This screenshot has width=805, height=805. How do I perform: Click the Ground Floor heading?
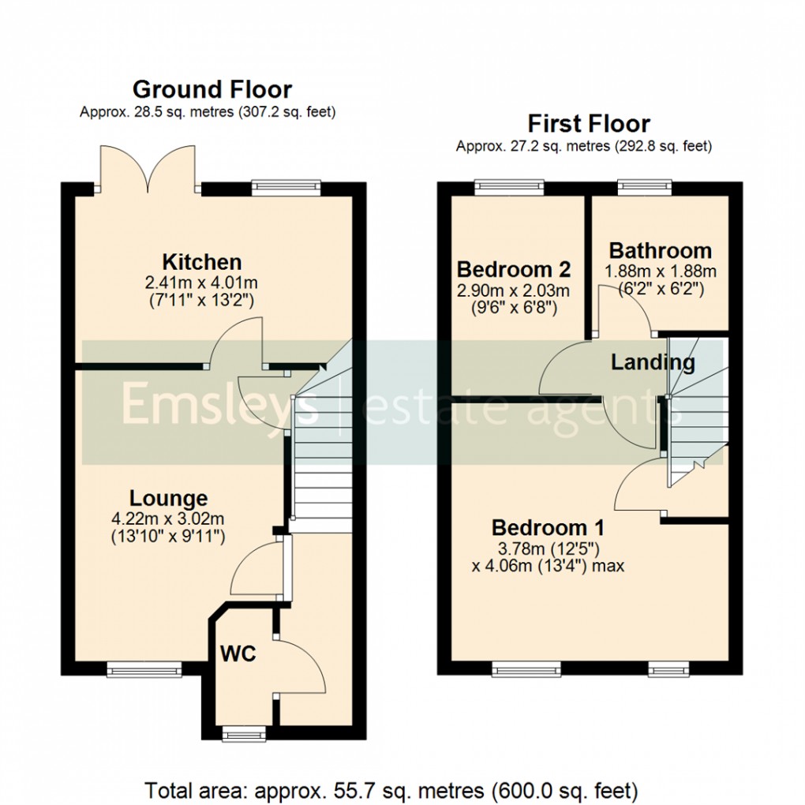212,89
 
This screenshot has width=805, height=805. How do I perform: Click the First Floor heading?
588,124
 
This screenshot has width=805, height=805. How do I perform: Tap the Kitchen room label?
201,262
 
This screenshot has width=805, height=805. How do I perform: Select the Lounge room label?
169,498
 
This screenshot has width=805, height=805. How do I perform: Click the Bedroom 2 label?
513,268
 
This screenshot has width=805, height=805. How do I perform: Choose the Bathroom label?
660,251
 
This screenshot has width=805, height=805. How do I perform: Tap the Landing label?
653,362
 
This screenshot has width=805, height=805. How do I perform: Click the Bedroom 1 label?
548,527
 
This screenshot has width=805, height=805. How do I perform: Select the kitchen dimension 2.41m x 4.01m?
201,283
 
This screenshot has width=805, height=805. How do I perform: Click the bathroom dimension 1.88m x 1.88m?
660,271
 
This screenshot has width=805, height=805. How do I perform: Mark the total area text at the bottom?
391,789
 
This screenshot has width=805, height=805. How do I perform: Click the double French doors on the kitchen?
145,170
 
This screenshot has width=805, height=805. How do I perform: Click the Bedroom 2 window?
510,187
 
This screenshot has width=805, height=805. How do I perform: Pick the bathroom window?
644,187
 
